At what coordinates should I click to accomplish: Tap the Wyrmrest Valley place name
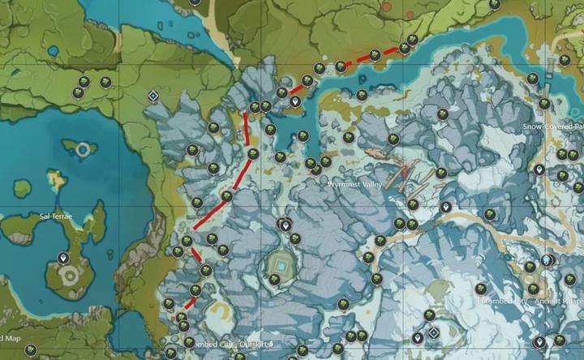click(x=353, y=185)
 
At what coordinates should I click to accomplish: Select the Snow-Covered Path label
click(x=552, y=127)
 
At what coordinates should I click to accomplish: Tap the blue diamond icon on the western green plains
click(x=152, y=96)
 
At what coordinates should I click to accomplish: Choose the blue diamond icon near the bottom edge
click(x=434, y=332)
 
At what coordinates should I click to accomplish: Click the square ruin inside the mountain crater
click(x=281, y=266)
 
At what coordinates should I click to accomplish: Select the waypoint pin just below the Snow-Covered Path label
click(x=539, y=169)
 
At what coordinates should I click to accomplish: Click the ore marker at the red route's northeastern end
click(x=413, y=39)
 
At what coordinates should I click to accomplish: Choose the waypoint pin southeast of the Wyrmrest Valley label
click(x=444, y=208)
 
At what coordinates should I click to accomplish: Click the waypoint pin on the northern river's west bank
click(x=295, y=102)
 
